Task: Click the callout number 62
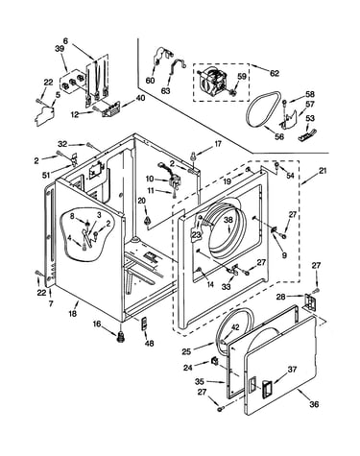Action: pyautogui.click(x=275, y=73)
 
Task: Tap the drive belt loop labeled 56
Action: pyautogui.click(x=249, y=108)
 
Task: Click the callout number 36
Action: pyautogui.click(x=314, y=404)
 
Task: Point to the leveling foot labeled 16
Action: pyautogui.click(x=121, y=337)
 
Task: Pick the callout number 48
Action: pyautogui.click(x=149, y=344)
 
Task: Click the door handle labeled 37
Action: pyautogui.click(x=267, y=388)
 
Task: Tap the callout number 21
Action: pyautogui.click(x=323, y=171)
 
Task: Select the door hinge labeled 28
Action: pyautogui.click(x=310, y=301)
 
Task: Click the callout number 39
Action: pyautogui.click(x=60, y=49)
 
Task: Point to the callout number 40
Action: pyautogui.click(x=140, y=98)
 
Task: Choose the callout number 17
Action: pyautogui.click(x=218, y=144)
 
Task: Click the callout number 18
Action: pyautogui.click(x=73, y=313)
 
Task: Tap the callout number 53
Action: pyautogui.click(x=310, y=118)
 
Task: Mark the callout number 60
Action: pyautogui.click(x=150, y=81)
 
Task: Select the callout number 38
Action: pyautogui.click(x=228, y=220)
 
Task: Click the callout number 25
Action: pyautogui.click(x=186, y=351)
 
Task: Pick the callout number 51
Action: pyautogui.click(x=46, y=175)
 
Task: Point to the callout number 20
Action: pyautogui.click(x=141, y=201)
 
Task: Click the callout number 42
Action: pyautogui.click(x=235, y=327)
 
